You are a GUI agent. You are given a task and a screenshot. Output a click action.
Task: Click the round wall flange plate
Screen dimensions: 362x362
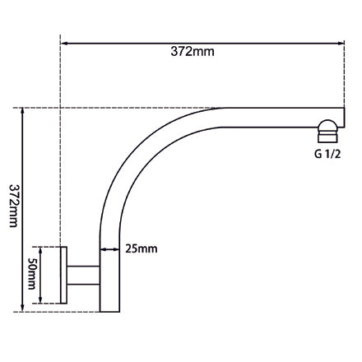tap(62, 276)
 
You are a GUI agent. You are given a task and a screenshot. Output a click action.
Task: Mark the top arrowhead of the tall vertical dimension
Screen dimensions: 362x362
tap(22, 110)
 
